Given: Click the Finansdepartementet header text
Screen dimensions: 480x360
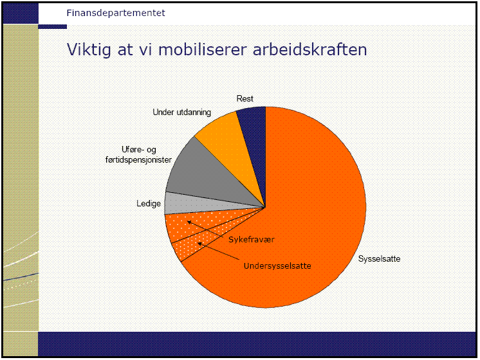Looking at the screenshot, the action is point(116,13).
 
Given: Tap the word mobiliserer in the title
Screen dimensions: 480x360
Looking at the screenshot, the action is point(202,50).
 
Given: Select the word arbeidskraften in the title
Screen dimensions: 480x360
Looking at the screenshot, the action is point(309,50).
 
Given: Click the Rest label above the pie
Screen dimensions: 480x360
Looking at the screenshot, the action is point(245,98).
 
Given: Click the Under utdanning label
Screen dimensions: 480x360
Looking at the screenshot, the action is point(182,113).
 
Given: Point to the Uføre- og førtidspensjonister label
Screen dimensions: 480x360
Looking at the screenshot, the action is point(138,154).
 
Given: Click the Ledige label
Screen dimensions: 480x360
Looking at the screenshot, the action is point(149,203).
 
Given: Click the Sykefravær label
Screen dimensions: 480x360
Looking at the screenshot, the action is point(252,240).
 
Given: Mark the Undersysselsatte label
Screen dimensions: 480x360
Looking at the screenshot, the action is point(277,265).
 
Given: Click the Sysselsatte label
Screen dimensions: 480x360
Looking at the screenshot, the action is point(379,259).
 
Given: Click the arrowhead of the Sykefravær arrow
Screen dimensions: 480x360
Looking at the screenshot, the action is point(189,222).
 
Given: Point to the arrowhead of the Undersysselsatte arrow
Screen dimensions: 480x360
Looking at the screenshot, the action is point(200,244).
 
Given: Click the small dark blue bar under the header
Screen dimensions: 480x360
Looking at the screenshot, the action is point(52,26).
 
